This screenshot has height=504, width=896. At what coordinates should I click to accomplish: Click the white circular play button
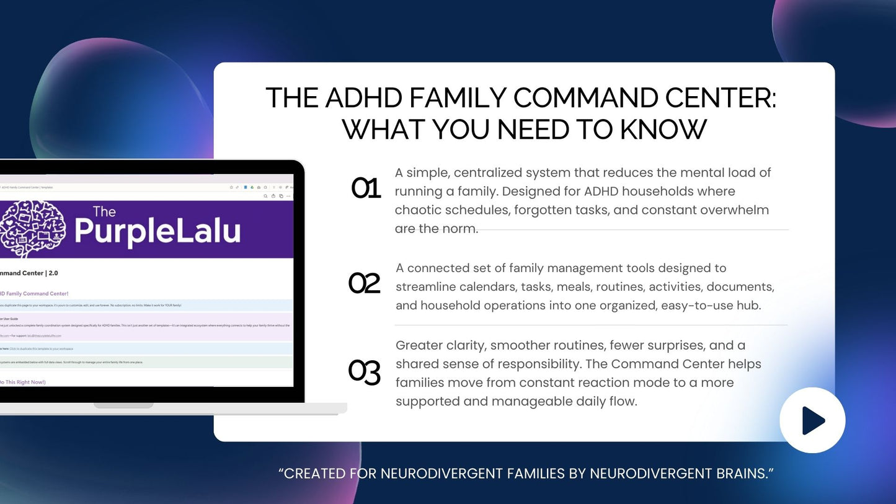812,420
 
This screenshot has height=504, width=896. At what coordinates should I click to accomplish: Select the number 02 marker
364,283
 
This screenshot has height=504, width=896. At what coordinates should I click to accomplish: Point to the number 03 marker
364,372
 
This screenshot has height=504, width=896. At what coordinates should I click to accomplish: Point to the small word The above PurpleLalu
104,212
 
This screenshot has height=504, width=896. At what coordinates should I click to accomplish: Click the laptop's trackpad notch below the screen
123,405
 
